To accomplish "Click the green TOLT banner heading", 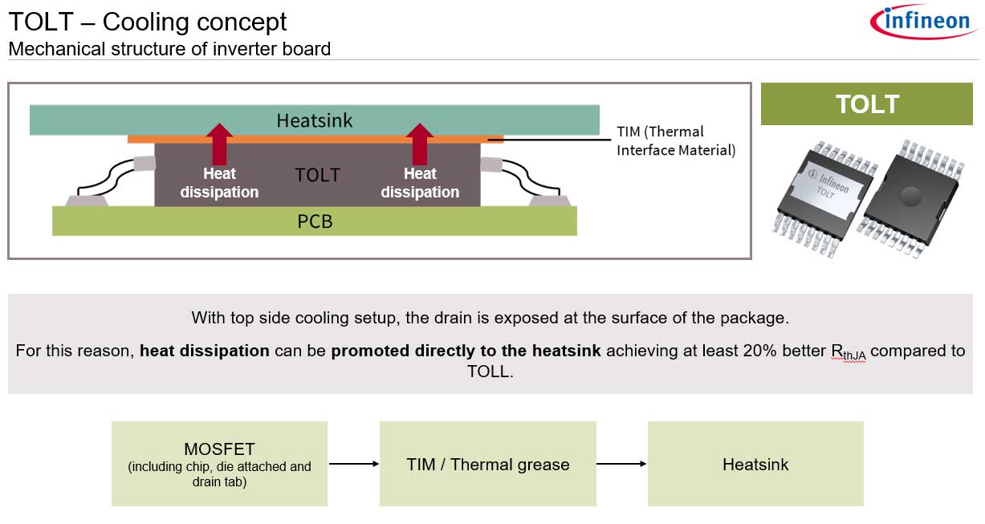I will (866, 104).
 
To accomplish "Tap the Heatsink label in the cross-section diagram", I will (314, 120).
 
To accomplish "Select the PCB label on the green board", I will (315, 221).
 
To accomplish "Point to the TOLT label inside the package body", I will (317, 175).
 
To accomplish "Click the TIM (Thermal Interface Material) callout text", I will (675, 140).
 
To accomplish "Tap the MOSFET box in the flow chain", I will (219, 464).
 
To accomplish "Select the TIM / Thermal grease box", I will (487, 464).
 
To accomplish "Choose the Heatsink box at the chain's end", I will (755, 464).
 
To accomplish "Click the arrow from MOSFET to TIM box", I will (353, 464).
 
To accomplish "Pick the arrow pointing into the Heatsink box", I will (621, 464).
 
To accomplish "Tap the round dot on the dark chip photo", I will (910, 194).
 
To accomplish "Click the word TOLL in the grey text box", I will (488, 372).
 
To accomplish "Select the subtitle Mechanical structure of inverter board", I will (169, 49).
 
